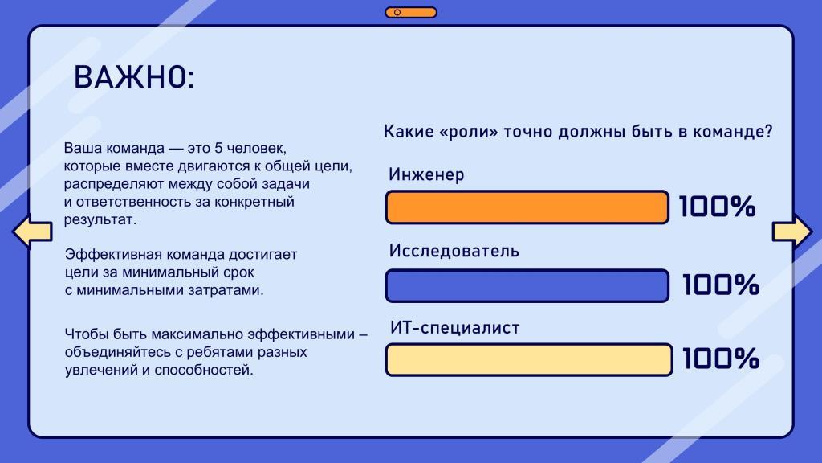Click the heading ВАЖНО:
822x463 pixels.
134,77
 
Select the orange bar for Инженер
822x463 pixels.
527,207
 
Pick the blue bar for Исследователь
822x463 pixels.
527,285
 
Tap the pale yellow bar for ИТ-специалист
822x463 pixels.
528,359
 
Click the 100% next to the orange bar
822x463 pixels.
717,207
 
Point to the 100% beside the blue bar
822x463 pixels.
721,285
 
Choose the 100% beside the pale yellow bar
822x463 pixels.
721,359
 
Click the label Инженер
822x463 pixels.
426,174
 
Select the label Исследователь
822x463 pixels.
454,251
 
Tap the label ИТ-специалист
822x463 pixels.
455,328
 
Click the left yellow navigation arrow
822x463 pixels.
32,231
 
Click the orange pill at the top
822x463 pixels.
411,12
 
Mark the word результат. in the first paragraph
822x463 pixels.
100,220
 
